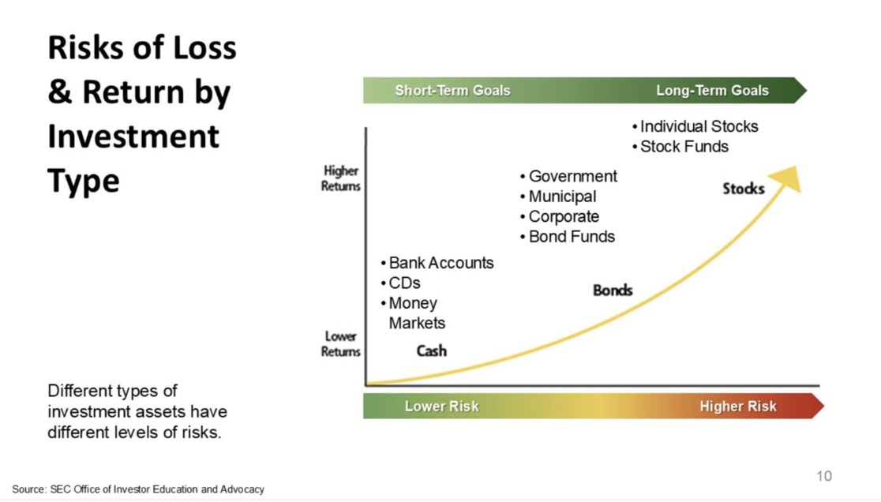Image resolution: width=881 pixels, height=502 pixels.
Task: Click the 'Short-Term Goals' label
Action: pos(452,91)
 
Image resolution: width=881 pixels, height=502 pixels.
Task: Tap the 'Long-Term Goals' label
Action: pos(712,91)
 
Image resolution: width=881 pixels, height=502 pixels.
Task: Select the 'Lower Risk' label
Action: pos(441,406)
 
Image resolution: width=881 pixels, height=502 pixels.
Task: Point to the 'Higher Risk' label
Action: pos(738,406)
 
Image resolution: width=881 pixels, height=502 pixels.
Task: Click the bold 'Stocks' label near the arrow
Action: pos(744,189)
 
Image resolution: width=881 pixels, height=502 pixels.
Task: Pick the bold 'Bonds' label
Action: pos(613,290)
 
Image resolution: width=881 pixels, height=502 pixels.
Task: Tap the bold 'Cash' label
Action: pos(432,351)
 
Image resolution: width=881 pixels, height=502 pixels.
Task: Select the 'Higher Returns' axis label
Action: pos(340,178)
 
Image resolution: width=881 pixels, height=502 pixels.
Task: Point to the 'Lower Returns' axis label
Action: pos(340,343)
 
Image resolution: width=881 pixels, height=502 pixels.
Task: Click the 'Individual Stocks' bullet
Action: pos(695,126)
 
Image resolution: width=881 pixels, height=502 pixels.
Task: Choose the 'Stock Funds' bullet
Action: pos(680,147)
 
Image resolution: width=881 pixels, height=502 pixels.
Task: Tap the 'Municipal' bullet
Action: pos(558,197)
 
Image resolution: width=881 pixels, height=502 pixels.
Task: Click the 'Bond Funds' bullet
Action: pos(568,237)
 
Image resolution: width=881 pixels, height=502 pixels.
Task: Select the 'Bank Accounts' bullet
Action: pos(437,263)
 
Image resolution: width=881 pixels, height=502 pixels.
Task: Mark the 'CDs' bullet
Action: pos(400,283)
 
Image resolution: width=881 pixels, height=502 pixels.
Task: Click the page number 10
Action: pos(823,476)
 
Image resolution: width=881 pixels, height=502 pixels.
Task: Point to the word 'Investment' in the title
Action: pos(133,137)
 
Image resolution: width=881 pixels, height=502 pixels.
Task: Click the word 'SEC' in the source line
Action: pos(60,489)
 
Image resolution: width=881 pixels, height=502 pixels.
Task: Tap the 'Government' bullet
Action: pos(568,176)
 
